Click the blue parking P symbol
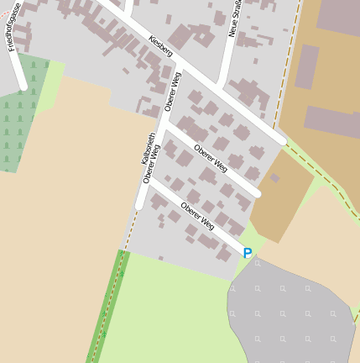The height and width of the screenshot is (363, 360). coord(248,253)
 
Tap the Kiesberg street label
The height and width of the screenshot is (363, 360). coord(160,46)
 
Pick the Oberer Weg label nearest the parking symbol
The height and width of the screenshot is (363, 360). coord(198,216)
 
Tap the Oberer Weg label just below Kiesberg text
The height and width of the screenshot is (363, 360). coord(174,92)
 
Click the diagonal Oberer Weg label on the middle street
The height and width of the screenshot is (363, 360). coord(211,158)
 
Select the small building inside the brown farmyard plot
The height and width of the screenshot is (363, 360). coord(274,178)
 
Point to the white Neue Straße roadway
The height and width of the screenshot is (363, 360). coord(227,59)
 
